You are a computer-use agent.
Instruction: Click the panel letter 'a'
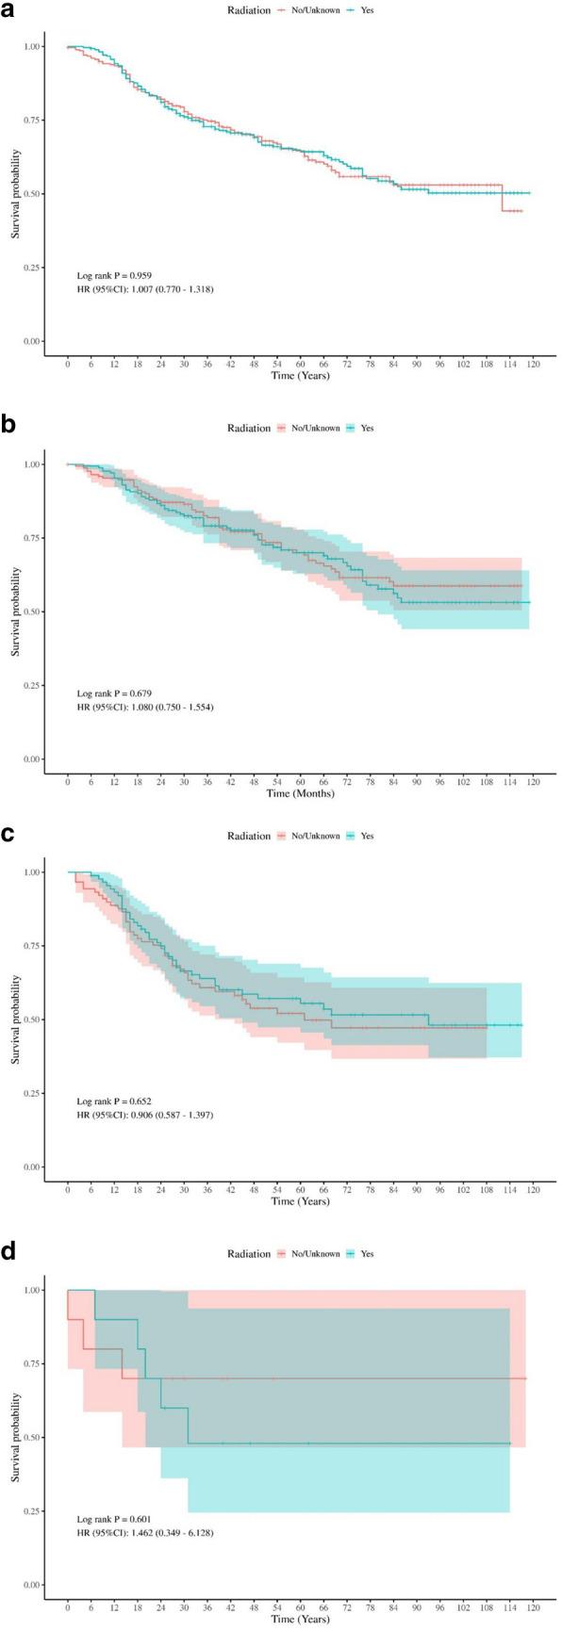[x=9, y=17]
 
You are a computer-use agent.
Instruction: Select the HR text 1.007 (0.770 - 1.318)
[x=145, y=288]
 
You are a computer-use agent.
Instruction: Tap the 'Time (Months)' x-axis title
[x=301, y=794]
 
